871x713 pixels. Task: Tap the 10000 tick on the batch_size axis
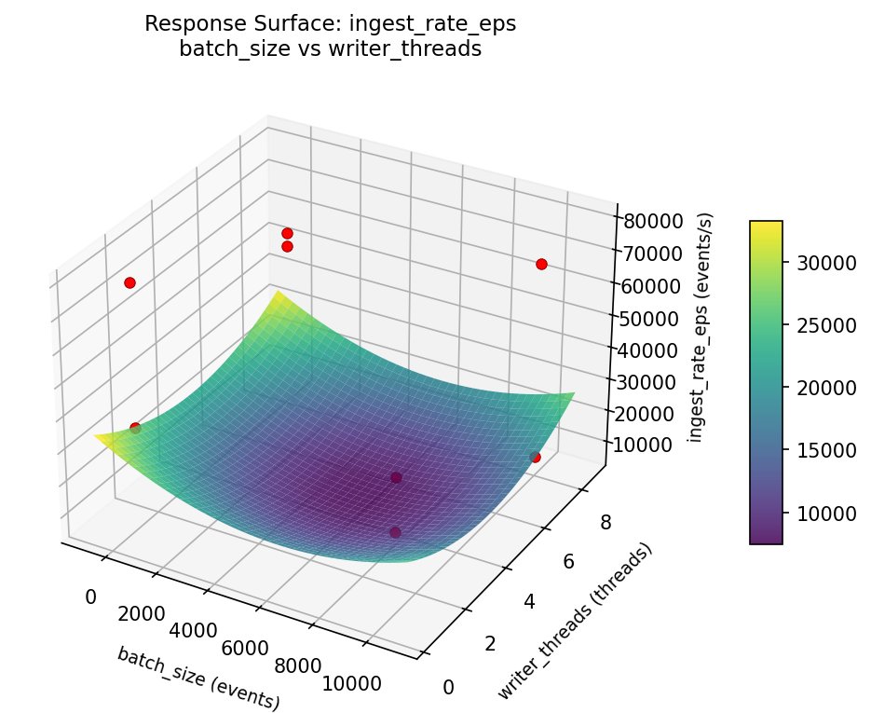coord(352,683)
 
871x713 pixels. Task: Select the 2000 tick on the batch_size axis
coord(141,614)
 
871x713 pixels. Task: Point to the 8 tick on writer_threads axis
coord(606,522)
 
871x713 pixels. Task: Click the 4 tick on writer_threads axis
coord(529,602)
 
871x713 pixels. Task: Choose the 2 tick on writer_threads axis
coord(490,644)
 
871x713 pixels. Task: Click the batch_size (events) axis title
coord(198,678)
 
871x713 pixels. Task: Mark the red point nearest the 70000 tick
coord(541,264)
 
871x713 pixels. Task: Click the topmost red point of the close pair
coord(287,233)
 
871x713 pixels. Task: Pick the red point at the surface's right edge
coord(535,457)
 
